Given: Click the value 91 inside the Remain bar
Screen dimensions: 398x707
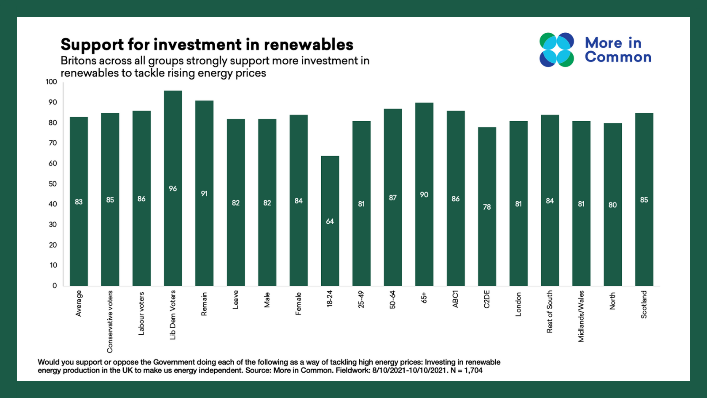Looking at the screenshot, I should [x=204, y=194].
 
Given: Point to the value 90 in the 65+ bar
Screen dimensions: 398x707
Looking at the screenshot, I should [x=424, y=195].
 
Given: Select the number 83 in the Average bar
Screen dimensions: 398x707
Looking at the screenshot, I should [x=79, y=202].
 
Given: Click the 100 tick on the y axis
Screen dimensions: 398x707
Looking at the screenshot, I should [x=51, y=82].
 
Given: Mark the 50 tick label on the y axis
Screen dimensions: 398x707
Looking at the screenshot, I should [x=53, y=184].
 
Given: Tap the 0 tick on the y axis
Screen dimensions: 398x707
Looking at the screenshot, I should [x=55, y=286].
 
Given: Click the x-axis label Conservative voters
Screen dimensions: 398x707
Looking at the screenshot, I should [x=110, y=321].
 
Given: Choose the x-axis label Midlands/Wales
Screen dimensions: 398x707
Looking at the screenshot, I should [x=581, y=316].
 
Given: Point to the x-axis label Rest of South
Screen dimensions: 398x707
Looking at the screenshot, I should [x=550, y=311].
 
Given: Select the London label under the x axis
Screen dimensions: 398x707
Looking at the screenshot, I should [x=518, y=304].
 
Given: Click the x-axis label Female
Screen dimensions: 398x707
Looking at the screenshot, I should [x=299, y=303].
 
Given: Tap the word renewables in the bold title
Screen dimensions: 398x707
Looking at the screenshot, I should [x=308, y=45].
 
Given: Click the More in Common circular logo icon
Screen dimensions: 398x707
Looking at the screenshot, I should [x=557, y=50].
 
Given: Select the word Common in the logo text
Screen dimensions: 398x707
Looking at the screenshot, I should [x=618, y=57].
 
